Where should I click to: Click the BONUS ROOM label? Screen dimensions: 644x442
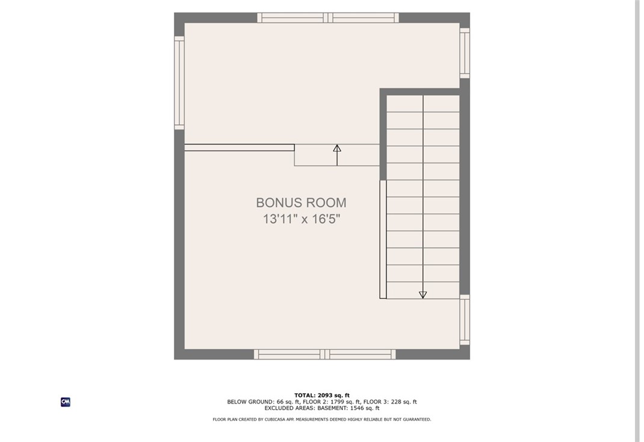point(301,202)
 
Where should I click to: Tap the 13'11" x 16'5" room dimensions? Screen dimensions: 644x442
point(302,219)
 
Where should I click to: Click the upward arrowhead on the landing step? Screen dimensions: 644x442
point(337,148)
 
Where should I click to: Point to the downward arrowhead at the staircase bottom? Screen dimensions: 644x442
point(423,294)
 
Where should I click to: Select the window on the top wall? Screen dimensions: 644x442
point(328,17)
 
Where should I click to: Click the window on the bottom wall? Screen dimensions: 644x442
point(325,354)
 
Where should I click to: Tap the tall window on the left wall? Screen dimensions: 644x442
point(179,82)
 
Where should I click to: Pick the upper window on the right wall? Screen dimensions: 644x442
point(465,52)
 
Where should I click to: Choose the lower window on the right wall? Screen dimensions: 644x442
point(465,320)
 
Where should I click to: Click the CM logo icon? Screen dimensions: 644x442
point(66,402)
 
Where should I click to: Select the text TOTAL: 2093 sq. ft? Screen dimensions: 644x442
point(322,396)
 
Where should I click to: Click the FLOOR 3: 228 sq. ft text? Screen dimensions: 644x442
point(390,402)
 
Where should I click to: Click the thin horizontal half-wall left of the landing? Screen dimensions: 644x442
point(240,148)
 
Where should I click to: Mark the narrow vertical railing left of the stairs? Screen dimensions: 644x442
point(383,240)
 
